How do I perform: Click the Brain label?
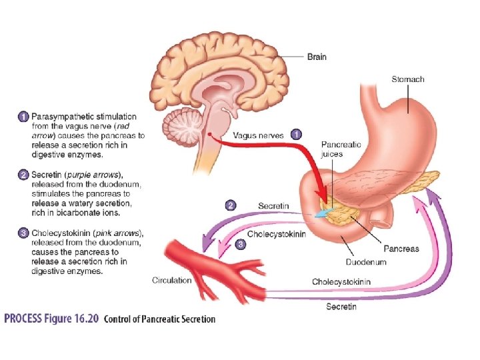pyautogui.click(x=317, y=57)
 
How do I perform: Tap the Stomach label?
pyautogui.click(x=407, y=79)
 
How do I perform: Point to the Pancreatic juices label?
pyautogui.click(x=341, y=149)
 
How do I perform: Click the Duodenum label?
pyautogui.click(x=366, y=262)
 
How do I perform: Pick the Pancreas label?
pyautogui.click(x=401, y=249)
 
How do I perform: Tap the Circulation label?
pyautogui.click(x=171, y=280)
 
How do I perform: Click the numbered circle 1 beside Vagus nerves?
pyautogui.click(x=295, y=135)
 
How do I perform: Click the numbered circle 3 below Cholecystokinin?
pyautogui.click(x=241, y=245)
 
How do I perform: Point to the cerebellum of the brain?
pyautogui.click(x=179, y=127)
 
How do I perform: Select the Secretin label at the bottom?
pyautogui.click(x=341, y=306)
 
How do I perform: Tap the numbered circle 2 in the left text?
pyautogui.click(x=23, y=175)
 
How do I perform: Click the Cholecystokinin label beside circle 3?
pyautogui.click(x=276, y=234)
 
